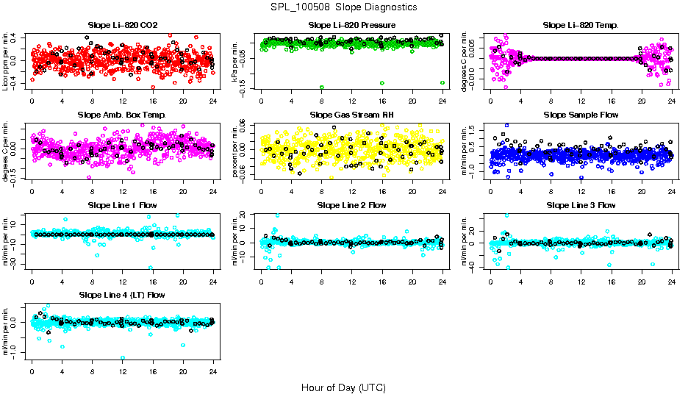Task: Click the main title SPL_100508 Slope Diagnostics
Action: point(343,7)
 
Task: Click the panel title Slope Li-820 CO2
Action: point(122,25)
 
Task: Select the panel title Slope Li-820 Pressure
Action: point(351,25)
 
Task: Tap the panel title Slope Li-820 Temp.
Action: point(581,25)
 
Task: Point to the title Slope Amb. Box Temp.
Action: point(122,115)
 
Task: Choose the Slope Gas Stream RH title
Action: point(351,115)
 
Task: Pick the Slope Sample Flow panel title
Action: point(581,115)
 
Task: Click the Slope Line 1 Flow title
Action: point(122,205)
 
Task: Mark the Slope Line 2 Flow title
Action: point(351,205)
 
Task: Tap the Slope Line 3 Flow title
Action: point(581,205)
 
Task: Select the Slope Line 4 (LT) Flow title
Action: point(122,295)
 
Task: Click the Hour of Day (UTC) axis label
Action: point(343,387)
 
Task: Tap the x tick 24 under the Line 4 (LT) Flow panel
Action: point(213,371)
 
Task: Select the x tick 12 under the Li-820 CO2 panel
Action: point(122,101)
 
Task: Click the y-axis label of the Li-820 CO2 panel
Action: point(7,62)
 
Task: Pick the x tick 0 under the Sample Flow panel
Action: point(490,191)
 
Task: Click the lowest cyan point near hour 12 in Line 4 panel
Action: point(123,358)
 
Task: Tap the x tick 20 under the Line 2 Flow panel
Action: point(412,282)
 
